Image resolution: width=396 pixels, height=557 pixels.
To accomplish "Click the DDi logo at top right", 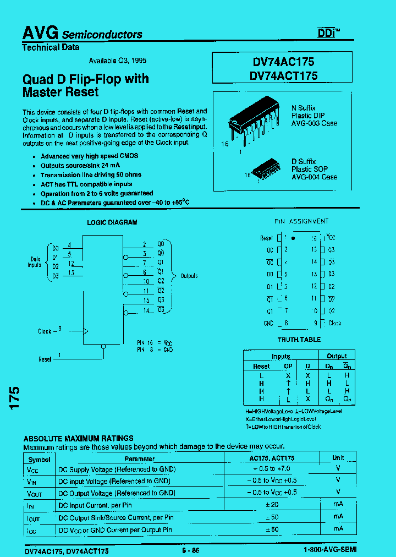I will (x=328, y=32).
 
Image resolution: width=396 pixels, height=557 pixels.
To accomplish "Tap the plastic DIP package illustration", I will (x=255, y=122).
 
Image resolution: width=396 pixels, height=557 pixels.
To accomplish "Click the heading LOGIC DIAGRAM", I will (x=112, y=222).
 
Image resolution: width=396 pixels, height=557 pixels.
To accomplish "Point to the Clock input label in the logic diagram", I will (x=45, y=331).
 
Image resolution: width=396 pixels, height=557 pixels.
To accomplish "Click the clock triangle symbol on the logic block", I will (x=85, y=331).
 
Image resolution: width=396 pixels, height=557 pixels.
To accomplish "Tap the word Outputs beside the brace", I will (x=189, y=276).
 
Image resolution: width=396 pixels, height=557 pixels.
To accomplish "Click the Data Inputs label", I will (x=35, y=262).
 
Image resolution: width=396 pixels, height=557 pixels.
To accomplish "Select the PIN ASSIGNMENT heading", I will (x=301, y=221).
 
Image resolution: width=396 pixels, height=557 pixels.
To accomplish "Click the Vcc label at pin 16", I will (x=331, y=237).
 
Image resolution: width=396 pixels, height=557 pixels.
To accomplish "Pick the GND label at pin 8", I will (x=268, y=324).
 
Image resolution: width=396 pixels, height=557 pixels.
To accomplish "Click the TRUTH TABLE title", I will (x=299, y=340).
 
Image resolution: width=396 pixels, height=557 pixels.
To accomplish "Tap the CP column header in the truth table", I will (x=288, y=366).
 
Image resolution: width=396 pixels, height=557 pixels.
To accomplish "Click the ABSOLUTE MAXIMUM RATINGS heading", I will (x=78, y=439).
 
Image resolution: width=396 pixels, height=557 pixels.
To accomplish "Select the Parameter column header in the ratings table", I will (x=139, y=458).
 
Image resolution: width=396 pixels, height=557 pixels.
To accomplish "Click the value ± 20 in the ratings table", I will (x=272, y=505).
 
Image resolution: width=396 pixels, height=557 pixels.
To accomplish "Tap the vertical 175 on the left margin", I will (x=15, y=397).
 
